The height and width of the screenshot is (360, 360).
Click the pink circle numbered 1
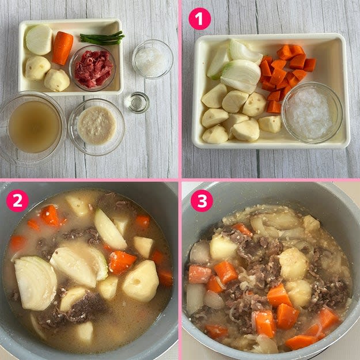[200, 19]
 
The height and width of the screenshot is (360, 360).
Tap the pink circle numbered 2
[17, 200]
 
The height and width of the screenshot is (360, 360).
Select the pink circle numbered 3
[202, 200]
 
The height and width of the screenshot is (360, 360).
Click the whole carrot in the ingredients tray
[62, 48]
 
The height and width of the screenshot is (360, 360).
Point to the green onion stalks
[103, 39]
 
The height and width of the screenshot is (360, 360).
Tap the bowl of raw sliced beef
[93, 68]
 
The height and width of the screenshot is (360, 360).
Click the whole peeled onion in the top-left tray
[39, 40]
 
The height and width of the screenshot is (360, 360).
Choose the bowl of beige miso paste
[96, 127]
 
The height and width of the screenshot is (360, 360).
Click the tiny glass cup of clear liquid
[137, 103]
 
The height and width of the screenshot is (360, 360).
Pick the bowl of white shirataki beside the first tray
[153, 59]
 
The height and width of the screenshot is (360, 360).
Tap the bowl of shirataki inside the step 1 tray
[312, 113]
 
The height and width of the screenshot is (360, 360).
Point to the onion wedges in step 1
[236, 66]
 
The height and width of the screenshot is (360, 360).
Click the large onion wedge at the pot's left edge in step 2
[36, 283]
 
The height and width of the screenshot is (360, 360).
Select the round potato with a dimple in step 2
[141, 281]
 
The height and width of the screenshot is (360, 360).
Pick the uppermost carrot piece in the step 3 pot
[242, 230]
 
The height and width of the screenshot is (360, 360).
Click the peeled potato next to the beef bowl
[57, 81]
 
